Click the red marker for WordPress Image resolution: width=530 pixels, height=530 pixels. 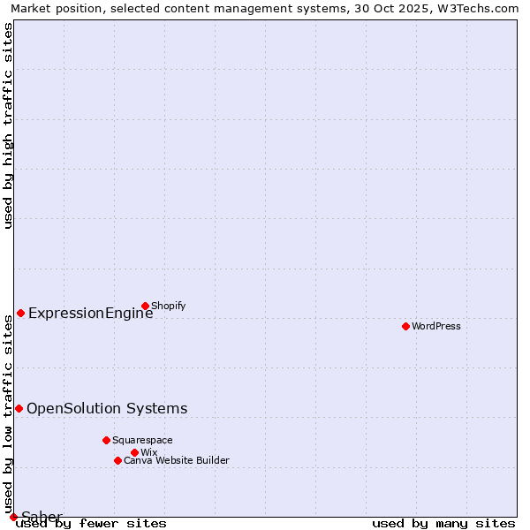(405, 327)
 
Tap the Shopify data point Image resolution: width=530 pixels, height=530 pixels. (145, 307)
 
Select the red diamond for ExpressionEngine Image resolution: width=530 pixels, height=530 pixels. (20, 314)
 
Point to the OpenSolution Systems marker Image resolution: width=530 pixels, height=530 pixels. (19, 408)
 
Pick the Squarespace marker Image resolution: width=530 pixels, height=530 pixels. (106, 440)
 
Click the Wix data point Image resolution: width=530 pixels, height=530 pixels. (134, 452)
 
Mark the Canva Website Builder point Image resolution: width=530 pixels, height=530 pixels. (117, 460)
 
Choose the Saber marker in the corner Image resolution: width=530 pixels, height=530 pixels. (13, 517)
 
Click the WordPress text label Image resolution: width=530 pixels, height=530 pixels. (436, 327)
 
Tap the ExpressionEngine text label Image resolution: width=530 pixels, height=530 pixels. (90, 314)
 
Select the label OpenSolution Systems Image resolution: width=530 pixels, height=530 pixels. (107, 408)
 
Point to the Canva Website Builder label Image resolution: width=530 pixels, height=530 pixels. (177, 460)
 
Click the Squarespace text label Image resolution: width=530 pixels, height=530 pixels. (142, 440)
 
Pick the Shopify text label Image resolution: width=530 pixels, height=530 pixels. (169, 307)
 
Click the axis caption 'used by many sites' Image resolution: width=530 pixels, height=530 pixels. (443, 523)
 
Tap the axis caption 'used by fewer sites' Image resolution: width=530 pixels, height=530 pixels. (91, 523)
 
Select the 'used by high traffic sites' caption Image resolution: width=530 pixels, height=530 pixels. (9, 126)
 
